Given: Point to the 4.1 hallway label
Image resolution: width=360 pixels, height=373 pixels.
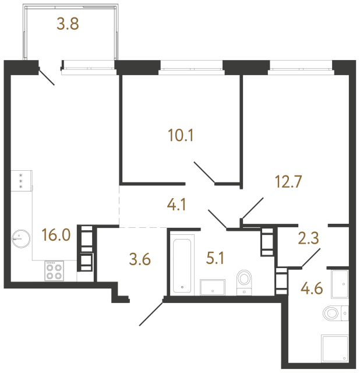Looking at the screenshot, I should pos(177,205).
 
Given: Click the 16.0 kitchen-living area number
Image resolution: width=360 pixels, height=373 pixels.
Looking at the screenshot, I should pos(56,235).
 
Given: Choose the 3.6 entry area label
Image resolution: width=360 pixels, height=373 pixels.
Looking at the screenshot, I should pos(139,259).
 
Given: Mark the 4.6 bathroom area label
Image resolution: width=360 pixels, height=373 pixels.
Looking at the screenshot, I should pos(313,289).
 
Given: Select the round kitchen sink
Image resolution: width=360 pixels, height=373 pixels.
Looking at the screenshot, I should pos(21,237).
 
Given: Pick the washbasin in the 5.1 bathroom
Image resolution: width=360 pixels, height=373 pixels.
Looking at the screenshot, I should pos(214,286).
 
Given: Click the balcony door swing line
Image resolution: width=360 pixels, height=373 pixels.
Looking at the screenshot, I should pos(47,77).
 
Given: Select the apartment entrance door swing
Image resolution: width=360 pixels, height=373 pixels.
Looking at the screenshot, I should pos(151,313).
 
